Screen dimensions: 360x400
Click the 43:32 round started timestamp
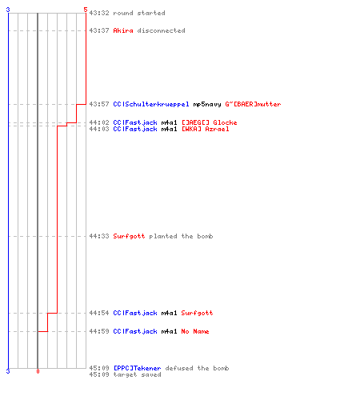(99, 13)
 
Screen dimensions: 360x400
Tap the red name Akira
(123, 30)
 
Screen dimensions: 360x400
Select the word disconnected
(161, 30)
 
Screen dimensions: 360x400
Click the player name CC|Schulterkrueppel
(151, 104)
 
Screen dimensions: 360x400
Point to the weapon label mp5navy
(207, 104)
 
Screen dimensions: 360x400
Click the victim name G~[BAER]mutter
(253, 104)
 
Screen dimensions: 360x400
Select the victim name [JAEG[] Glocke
(209, 122)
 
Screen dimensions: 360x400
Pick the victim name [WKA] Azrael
(205, 129)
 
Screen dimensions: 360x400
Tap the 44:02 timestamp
(99, 122)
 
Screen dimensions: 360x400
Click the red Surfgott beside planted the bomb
(129, 236)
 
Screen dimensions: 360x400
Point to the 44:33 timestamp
(99, 236)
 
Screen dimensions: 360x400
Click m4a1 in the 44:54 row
(169, 313)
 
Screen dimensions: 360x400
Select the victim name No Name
(195, 331)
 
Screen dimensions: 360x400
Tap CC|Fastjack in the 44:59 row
(135, 331)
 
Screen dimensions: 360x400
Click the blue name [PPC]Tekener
(137, 368)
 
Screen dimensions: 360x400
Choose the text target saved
(137, 374)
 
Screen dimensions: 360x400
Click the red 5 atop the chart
(86, 10)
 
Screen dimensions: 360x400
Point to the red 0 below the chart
(38, 371)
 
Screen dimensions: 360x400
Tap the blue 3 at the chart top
(8, 10)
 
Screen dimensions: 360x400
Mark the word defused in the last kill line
(179, 368)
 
